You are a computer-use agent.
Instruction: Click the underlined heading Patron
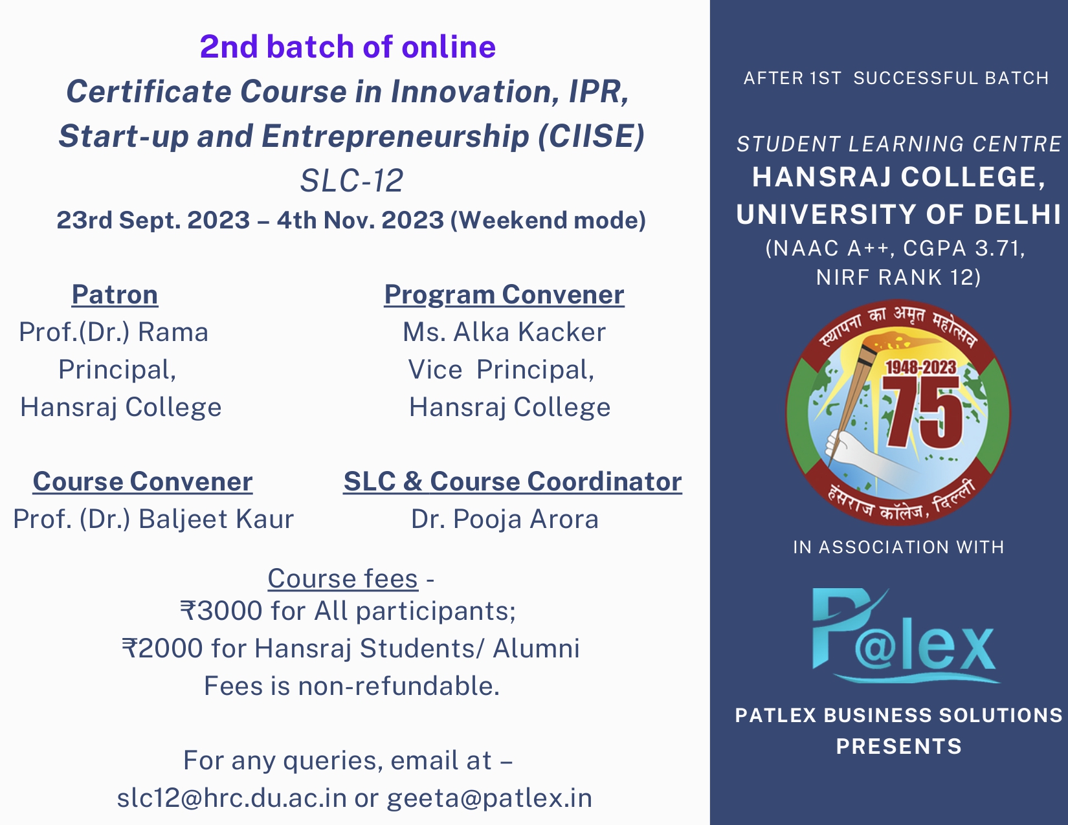(115, 295)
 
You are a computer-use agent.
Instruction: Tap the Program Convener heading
(504, 296)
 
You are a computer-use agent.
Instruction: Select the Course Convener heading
(142, 481)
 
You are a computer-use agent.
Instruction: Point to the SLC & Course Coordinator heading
(513, 481)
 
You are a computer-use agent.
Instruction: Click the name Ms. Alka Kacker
(504, 332)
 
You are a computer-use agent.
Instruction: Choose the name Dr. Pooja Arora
(505, 520)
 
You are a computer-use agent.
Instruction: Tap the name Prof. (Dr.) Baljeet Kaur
(153, 520)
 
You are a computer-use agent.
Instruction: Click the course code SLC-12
(351, 181)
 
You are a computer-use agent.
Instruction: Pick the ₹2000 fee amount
(162, 648)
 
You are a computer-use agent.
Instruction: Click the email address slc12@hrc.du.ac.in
(232, 798)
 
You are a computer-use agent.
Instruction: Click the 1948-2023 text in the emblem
(920, 368)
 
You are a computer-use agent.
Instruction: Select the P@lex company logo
(904, 635)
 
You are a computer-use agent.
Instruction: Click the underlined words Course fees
(342, 578)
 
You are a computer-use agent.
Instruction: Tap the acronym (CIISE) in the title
(591, 136)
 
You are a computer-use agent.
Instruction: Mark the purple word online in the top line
(449, 47)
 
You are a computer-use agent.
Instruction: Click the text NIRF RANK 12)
(898, 277)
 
